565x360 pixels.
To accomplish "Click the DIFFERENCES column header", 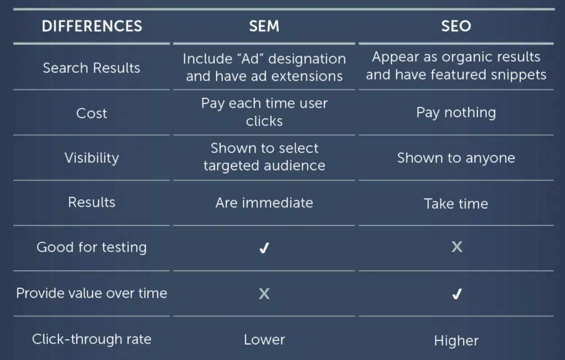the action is (x=92, y=26).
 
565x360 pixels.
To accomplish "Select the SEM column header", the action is (x=264, y=26).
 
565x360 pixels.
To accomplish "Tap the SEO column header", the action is (x=456, y=26).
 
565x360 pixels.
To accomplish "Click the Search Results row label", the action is (x=92, y=68).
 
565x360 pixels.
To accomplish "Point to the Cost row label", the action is (x=92, y=113).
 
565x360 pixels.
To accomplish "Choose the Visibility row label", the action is (x=92, y=158).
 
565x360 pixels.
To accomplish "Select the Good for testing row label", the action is (x=92, y=247).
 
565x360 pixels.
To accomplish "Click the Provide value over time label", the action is (x=92, y=293).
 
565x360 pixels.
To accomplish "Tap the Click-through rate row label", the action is (x=92, y=339).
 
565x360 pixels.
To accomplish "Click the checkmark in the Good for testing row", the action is (x=264, y=248).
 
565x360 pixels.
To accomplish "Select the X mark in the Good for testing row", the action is (x=457, y=247).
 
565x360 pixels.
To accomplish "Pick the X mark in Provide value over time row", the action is (x=264, y=294).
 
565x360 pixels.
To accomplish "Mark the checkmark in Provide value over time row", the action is (x=457, y=294).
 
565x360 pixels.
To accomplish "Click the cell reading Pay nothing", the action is (x=456, y=113).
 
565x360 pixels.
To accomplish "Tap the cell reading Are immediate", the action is (x=264, y=203).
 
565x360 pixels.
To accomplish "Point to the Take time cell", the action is (x=456, y=204).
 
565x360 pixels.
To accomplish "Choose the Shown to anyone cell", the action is (x=456, y=158).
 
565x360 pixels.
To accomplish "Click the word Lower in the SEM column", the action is (x=264, y=340).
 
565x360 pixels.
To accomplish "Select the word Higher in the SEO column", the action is (x=456, y=341).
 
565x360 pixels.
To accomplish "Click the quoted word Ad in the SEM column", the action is (x=250, y=59).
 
